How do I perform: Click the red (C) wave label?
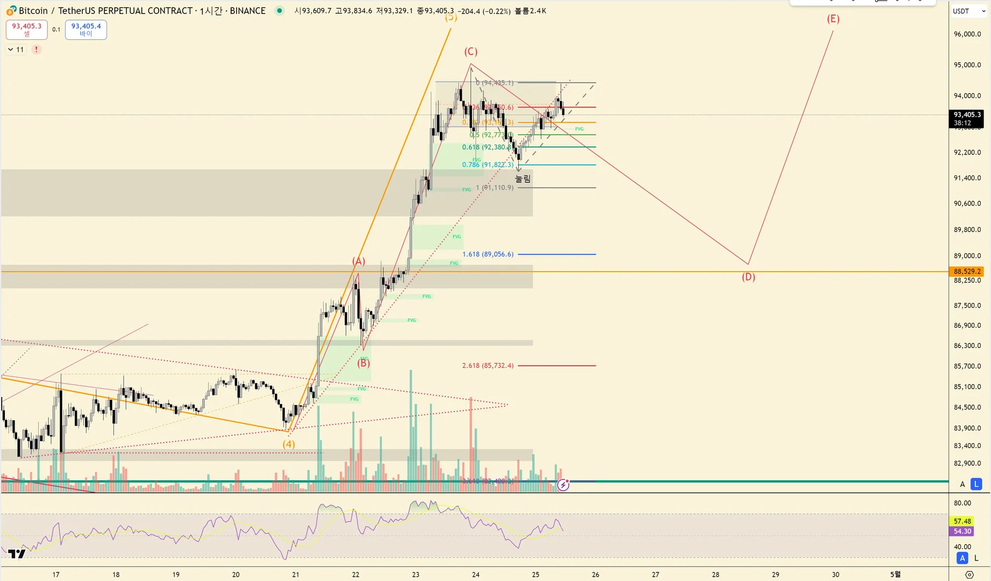click(x=470, y=52)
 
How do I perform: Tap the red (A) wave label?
click(x=359, y=261)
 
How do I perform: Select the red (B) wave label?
click(x=363, y=363)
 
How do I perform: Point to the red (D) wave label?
click(x=748, y=277)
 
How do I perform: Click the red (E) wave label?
click(x=833, y=19)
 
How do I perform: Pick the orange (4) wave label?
click(x=289, y=444)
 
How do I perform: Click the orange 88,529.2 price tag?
click(x=967, y=272)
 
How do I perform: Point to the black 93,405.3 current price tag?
click(x=967, y=115)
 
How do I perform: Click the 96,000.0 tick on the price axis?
click(x=967, y=34)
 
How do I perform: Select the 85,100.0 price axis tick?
click(x=967, y=387)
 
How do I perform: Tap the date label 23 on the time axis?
click(x=416, y=575)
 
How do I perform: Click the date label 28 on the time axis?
click(x=715, y=575)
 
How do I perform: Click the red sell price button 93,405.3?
click(x=27, y=29)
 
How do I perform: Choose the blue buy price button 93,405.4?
click(x=86, y=29)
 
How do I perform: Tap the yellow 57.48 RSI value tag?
click(x=962, y=521)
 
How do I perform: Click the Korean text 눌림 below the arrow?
click(x=523, y=179)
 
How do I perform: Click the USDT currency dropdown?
click(x=968, y=11)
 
